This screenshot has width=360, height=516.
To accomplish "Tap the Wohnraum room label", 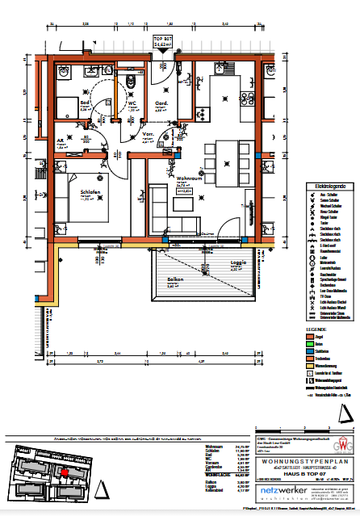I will (187, 177).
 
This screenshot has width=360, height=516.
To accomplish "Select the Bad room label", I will (83, 103).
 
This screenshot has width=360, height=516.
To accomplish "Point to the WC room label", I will (132, 103).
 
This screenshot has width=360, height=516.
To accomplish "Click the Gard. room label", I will (161, 103).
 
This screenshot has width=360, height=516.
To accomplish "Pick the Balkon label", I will (175, 279).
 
